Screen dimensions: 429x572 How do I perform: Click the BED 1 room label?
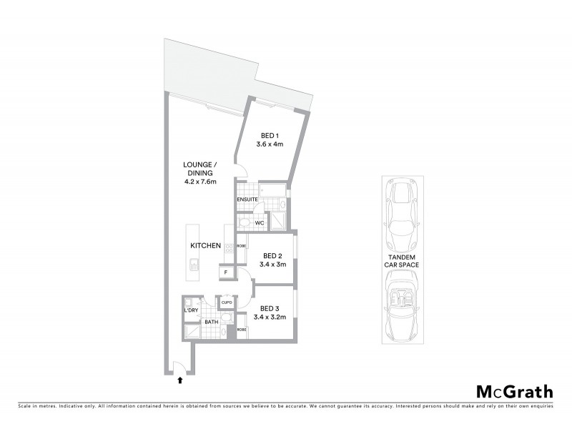tap(270, 136)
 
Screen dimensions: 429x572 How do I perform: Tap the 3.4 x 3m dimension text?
tap(273, 264)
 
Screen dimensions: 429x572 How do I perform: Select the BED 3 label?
tap(270, 308)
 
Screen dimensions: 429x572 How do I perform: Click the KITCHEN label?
tap(205, 246)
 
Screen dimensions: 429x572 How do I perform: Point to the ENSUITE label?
tap(247, 199)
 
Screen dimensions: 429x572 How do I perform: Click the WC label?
tap(260, 222)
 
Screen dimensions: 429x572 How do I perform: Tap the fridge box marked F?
tap(226, 272)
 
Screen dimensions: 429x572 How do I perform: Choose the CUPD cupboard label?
tap(227, 303)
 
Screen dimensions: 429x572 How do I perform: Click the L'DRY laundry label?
tap(191, 310)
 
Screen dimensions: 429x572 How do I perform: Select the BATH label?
tap(211, 322)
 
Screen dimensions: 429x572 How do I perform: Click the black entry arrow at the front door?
tap(179, 380)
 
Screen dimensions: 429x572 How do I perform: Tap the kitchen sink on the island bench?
tap(193, 265)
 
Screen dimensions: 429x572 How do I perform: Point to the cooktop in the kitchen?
tap(230, 250)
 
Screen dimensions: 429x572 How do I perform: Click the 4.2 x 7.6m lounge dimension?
tap(199, 182)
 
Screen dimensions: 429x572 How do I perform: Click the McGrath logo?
tap(514, 391)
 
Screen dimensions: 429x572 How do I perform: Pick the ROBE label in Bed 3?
tap(242, 330)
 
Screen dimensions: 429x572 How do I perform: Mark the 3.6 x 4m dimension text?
tap(270, 144)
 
